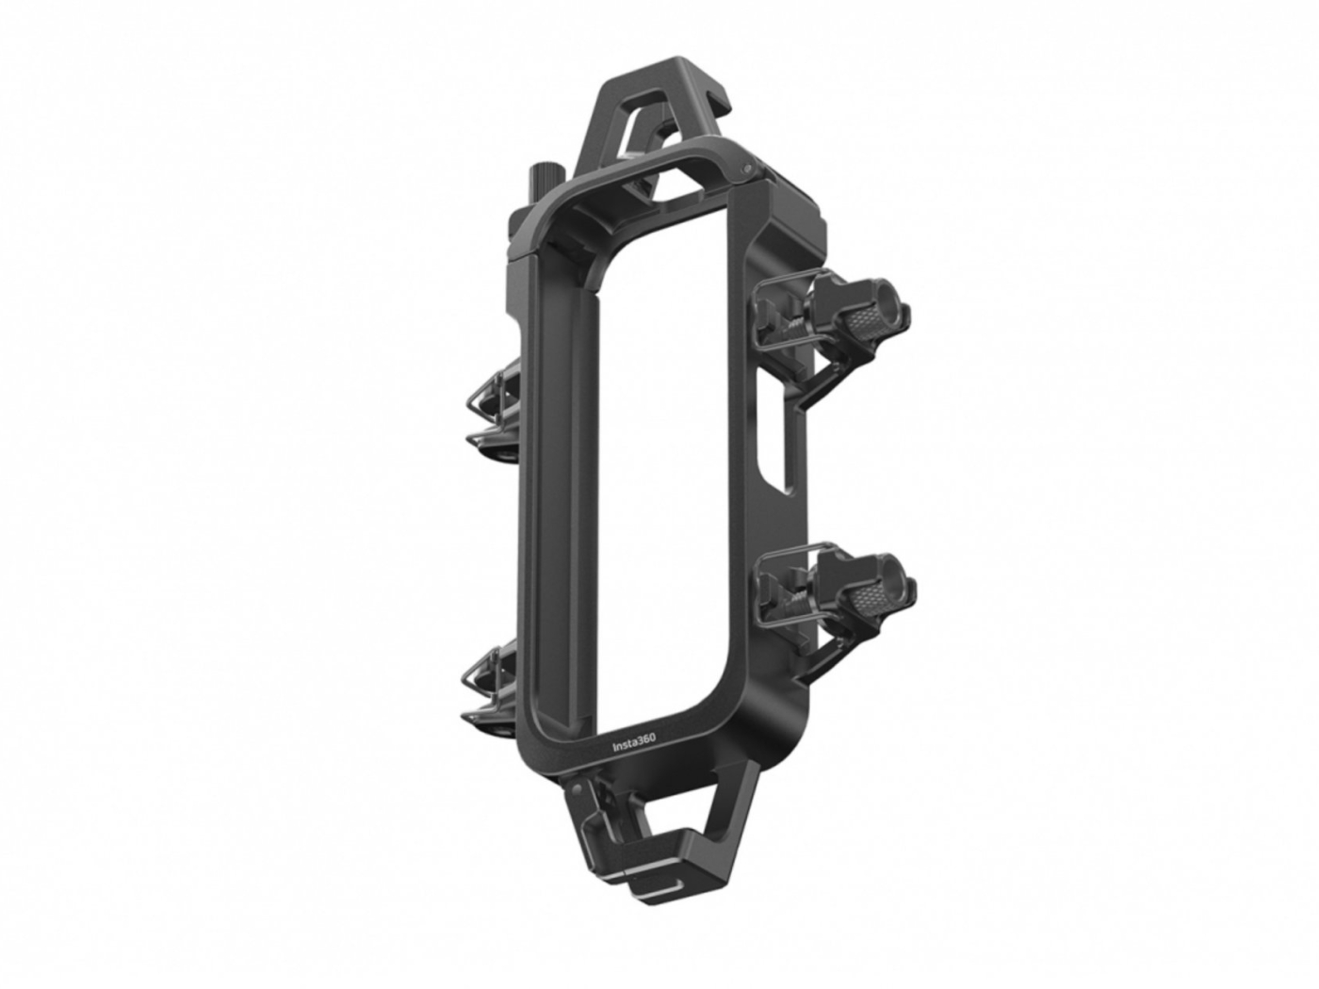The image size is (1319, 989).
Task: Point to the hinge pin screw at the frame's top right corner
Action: point(747,168)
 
